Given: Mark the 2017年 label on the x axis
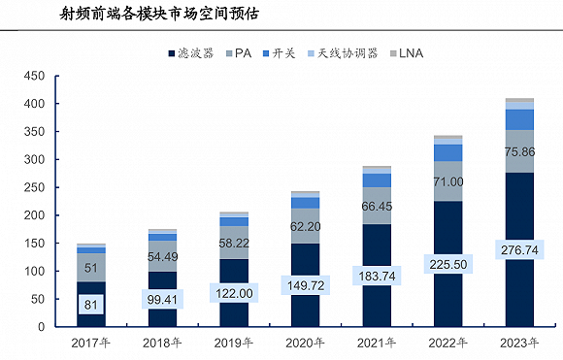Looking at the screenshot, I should [x=90, y=343].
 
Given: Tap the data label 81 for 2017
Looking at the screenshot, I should [x=91, y=306].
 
